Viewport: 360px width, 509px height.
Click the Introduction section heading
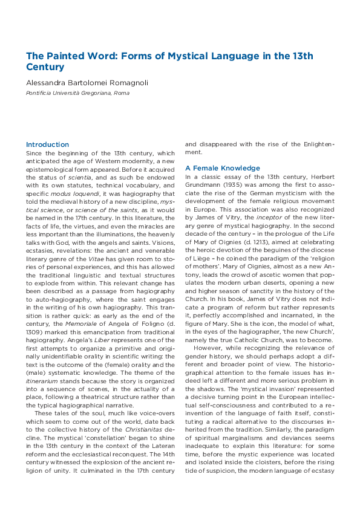(x=47, y=144)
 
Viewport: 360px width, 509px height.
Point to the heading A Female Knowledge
(x=223, y=168)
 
